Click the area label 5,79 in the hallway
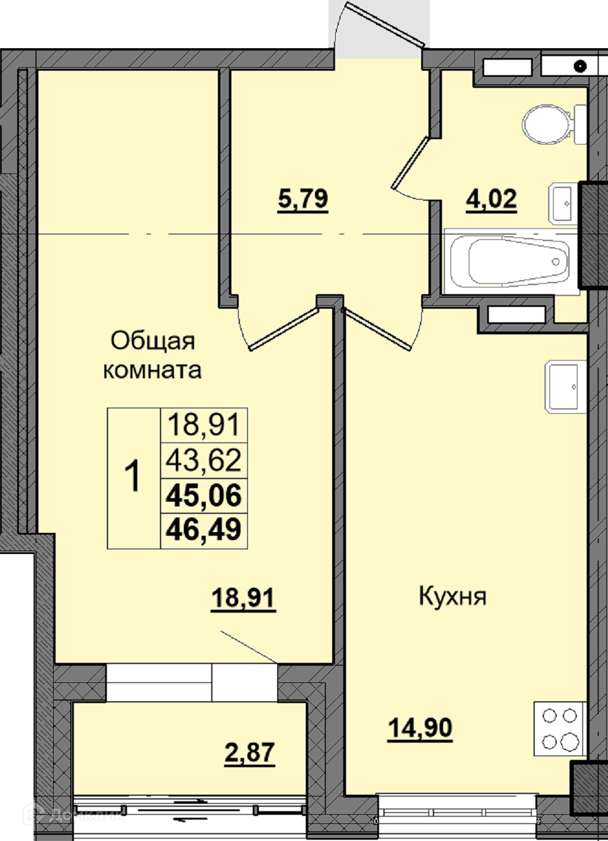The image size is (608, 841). pyautogui.click(x=303, y=200)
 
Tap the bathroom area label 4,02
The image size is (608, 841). pyautogui.click(x=491, y=200)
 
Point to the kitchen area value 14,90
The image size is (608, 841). pyautogui.click(x=420, y=728)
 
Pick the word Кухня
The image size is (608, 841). pyautogui.click(x=452, y=596)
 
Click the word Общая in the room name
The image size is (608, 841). pyautogui.click(x=153, y=341)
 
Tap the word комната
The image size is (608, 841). pyautogui.click(x=152, y=370)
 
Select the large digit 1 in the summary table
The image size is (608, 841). pyautogui.click(x=132, y=477)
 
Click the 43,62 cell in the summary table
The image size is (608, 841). pyautogui.click(x=203, y=461)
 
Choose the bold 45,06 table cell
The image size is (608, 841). pyautogui.click(x=203, y=496)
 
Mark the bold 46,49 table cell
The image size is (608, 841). pyautogui.click(x=203, y=530)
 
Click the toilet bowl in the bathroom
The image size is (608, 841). pyautogui.click(x=554, y=124)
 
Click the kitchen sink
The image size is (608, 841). pyautogui.click(x=565, y=386)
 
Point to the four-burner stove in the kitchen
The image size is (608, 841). pyautogui.click(x=560, y=728)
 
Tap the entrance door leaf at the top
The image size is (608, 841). pyautogui.click(x=385, y=24)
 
